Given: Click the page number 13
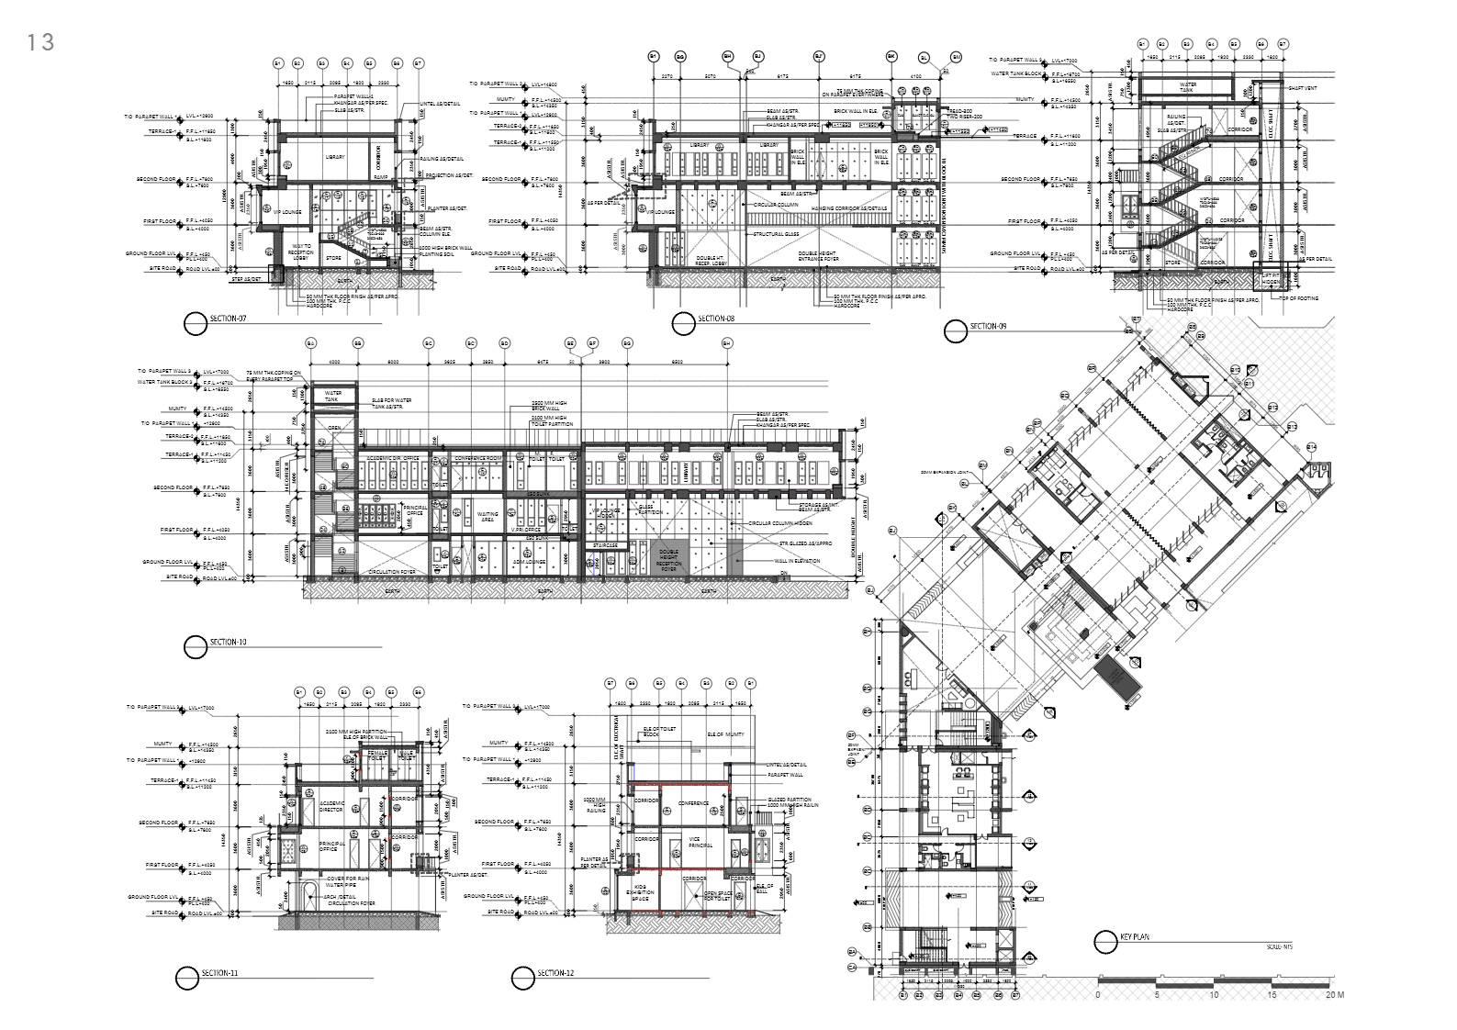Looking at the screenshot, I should [x=41, y=41].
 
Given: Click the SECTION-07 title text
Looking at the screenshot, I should [x=229, y=319].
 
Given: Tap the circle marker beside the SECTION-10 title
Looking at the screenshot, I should [x=195, y=647].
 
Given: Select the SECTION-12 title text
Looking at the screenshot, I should [x=555, y=973].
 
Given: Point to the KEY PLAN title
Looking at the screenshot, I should [x=1135, y=937].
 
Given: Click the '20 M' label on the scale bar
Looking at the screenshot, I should [x=1335, y=995].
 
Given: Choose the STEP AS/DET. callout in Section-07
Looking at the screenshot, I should [x=246, y=277].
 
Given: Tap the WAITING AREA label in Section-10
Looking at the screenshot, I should [x=488, y=517].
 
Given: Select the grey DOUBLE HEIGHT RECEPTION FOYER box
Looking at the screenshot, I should [x=668, y=561].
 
